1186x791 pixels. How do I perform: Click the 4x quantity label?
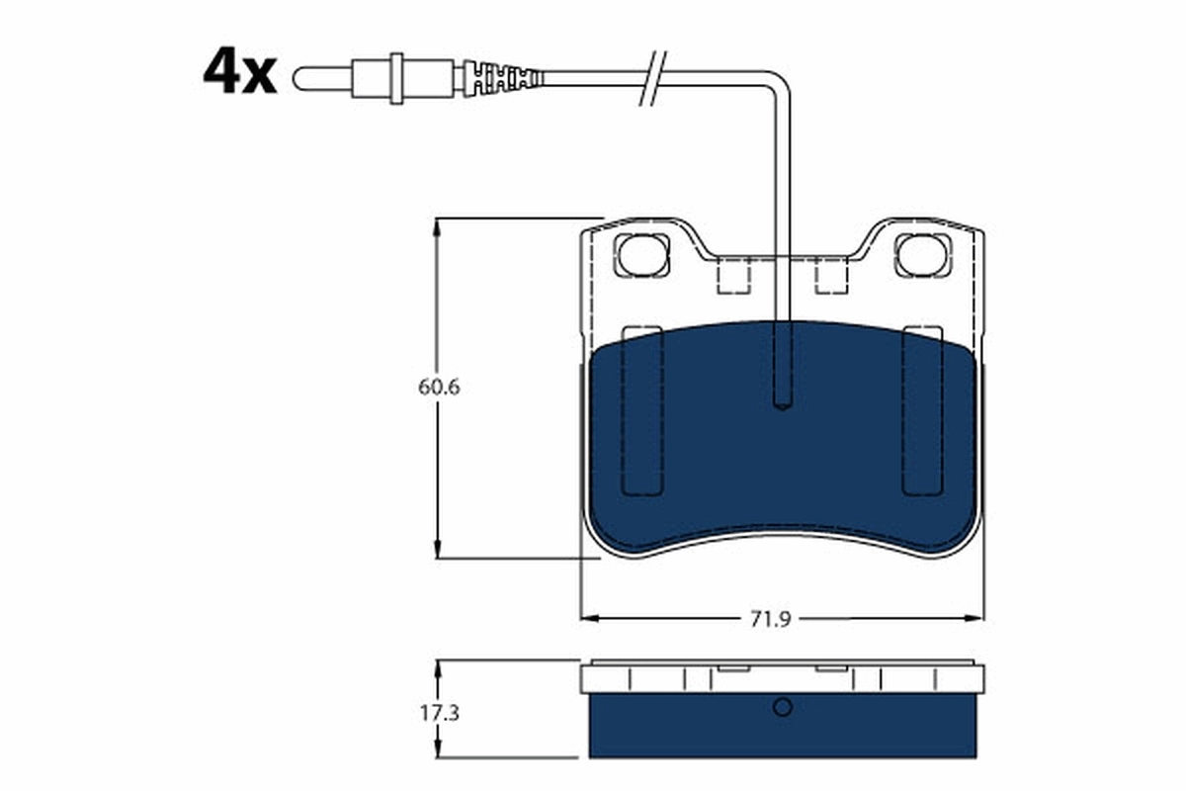coord(239,72)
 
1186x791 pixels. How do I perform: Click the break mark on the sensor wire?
coord(654,76)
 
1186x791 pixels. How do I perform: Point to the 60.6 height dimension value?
coord(439,387)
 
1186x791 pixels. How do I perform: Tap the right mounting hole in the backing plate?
coord(923,255)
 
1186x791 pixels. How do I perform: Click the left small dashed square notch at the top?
coord(733,276)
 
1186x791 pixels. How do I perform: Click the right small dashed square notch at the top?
coord(832,276)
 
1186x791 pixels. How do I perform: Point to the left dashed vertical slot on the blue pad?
coord(640,409)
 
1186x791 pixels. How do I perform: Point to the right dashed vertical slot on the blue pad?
coord(923,409)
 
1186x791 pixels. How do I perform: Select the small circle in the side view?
coord(782,707)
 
